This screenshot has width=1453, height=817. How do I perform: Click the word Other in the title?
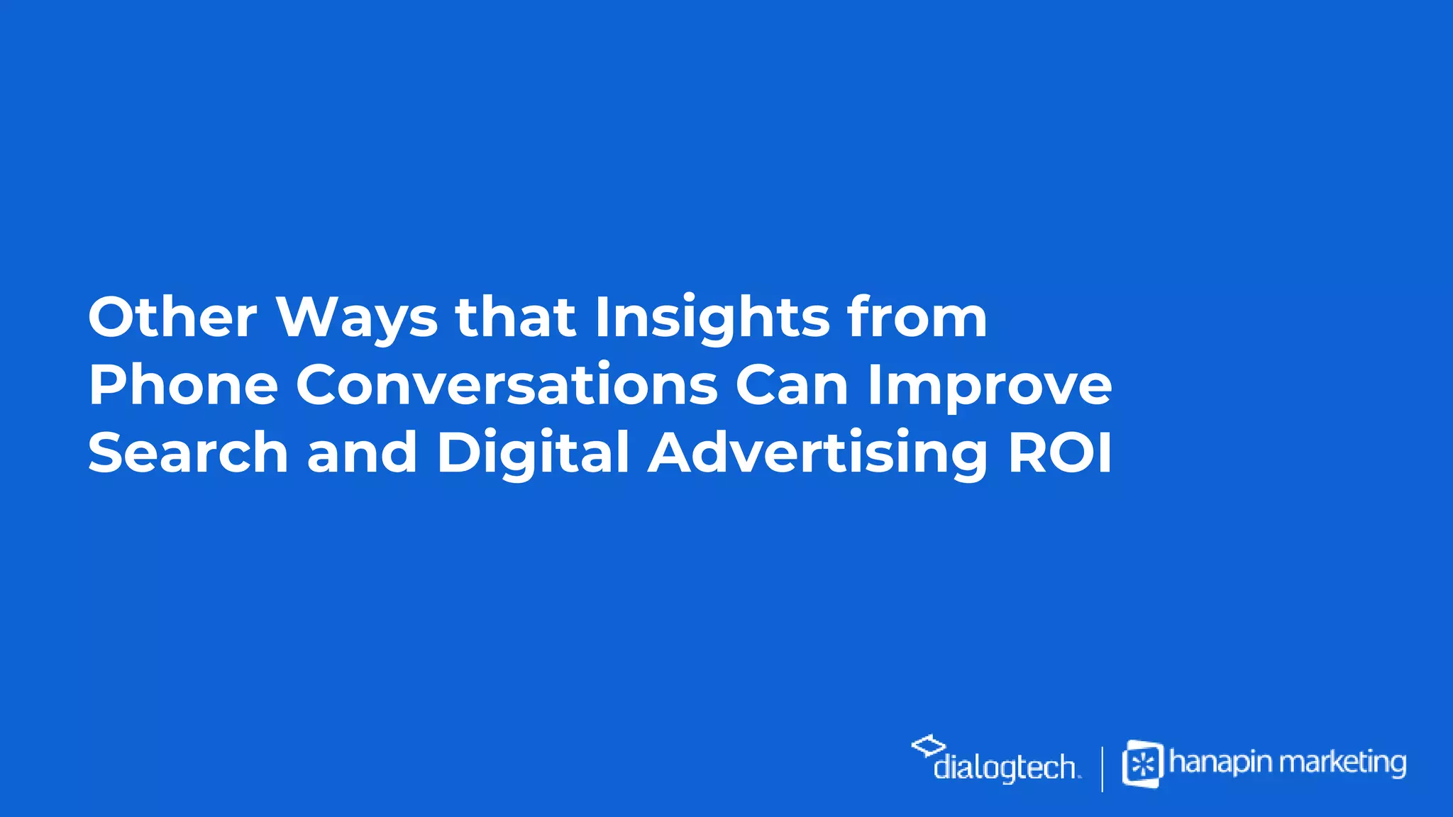172,317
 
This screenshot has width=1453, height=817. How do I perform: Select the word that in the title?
514,317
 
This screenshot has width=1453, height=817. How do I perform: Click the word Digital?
533,455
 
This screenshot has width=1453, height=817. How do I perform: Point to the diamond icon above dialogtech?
928,745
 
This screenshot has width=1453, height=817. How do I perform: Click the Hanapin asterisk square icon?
1142,764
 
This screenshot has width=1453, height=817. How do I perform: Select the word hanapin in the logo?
1222,763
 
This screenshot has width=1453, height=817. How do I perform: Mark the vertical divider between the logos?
1102,768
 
